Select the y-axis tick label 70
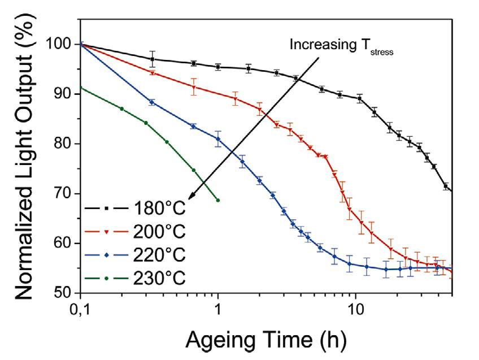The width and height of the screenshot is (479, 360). (x=64, y=194)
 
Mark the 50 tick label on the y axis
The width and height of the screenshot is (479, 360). (x=64, y=293)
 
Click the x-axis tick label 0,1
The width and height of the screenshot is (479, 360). (x=80, y=310)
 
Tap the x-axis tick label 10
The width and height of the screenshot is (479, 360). (x=355, y=310)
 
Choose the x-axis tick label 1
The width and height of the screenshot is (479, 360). (x=218, y=310)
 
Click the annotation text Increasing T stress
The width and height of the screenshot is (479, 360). (x=341, y=45)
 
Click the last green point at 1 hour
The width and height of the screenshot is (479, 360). (x=218, y=200)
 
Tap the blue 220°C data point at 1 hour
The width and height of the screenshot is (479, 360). (x=218, y=138)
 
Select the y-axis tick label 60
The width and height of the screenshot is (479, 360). (x=64, y=244)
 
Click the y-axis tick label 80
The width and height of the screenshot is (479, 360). (x=64, y=144)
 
